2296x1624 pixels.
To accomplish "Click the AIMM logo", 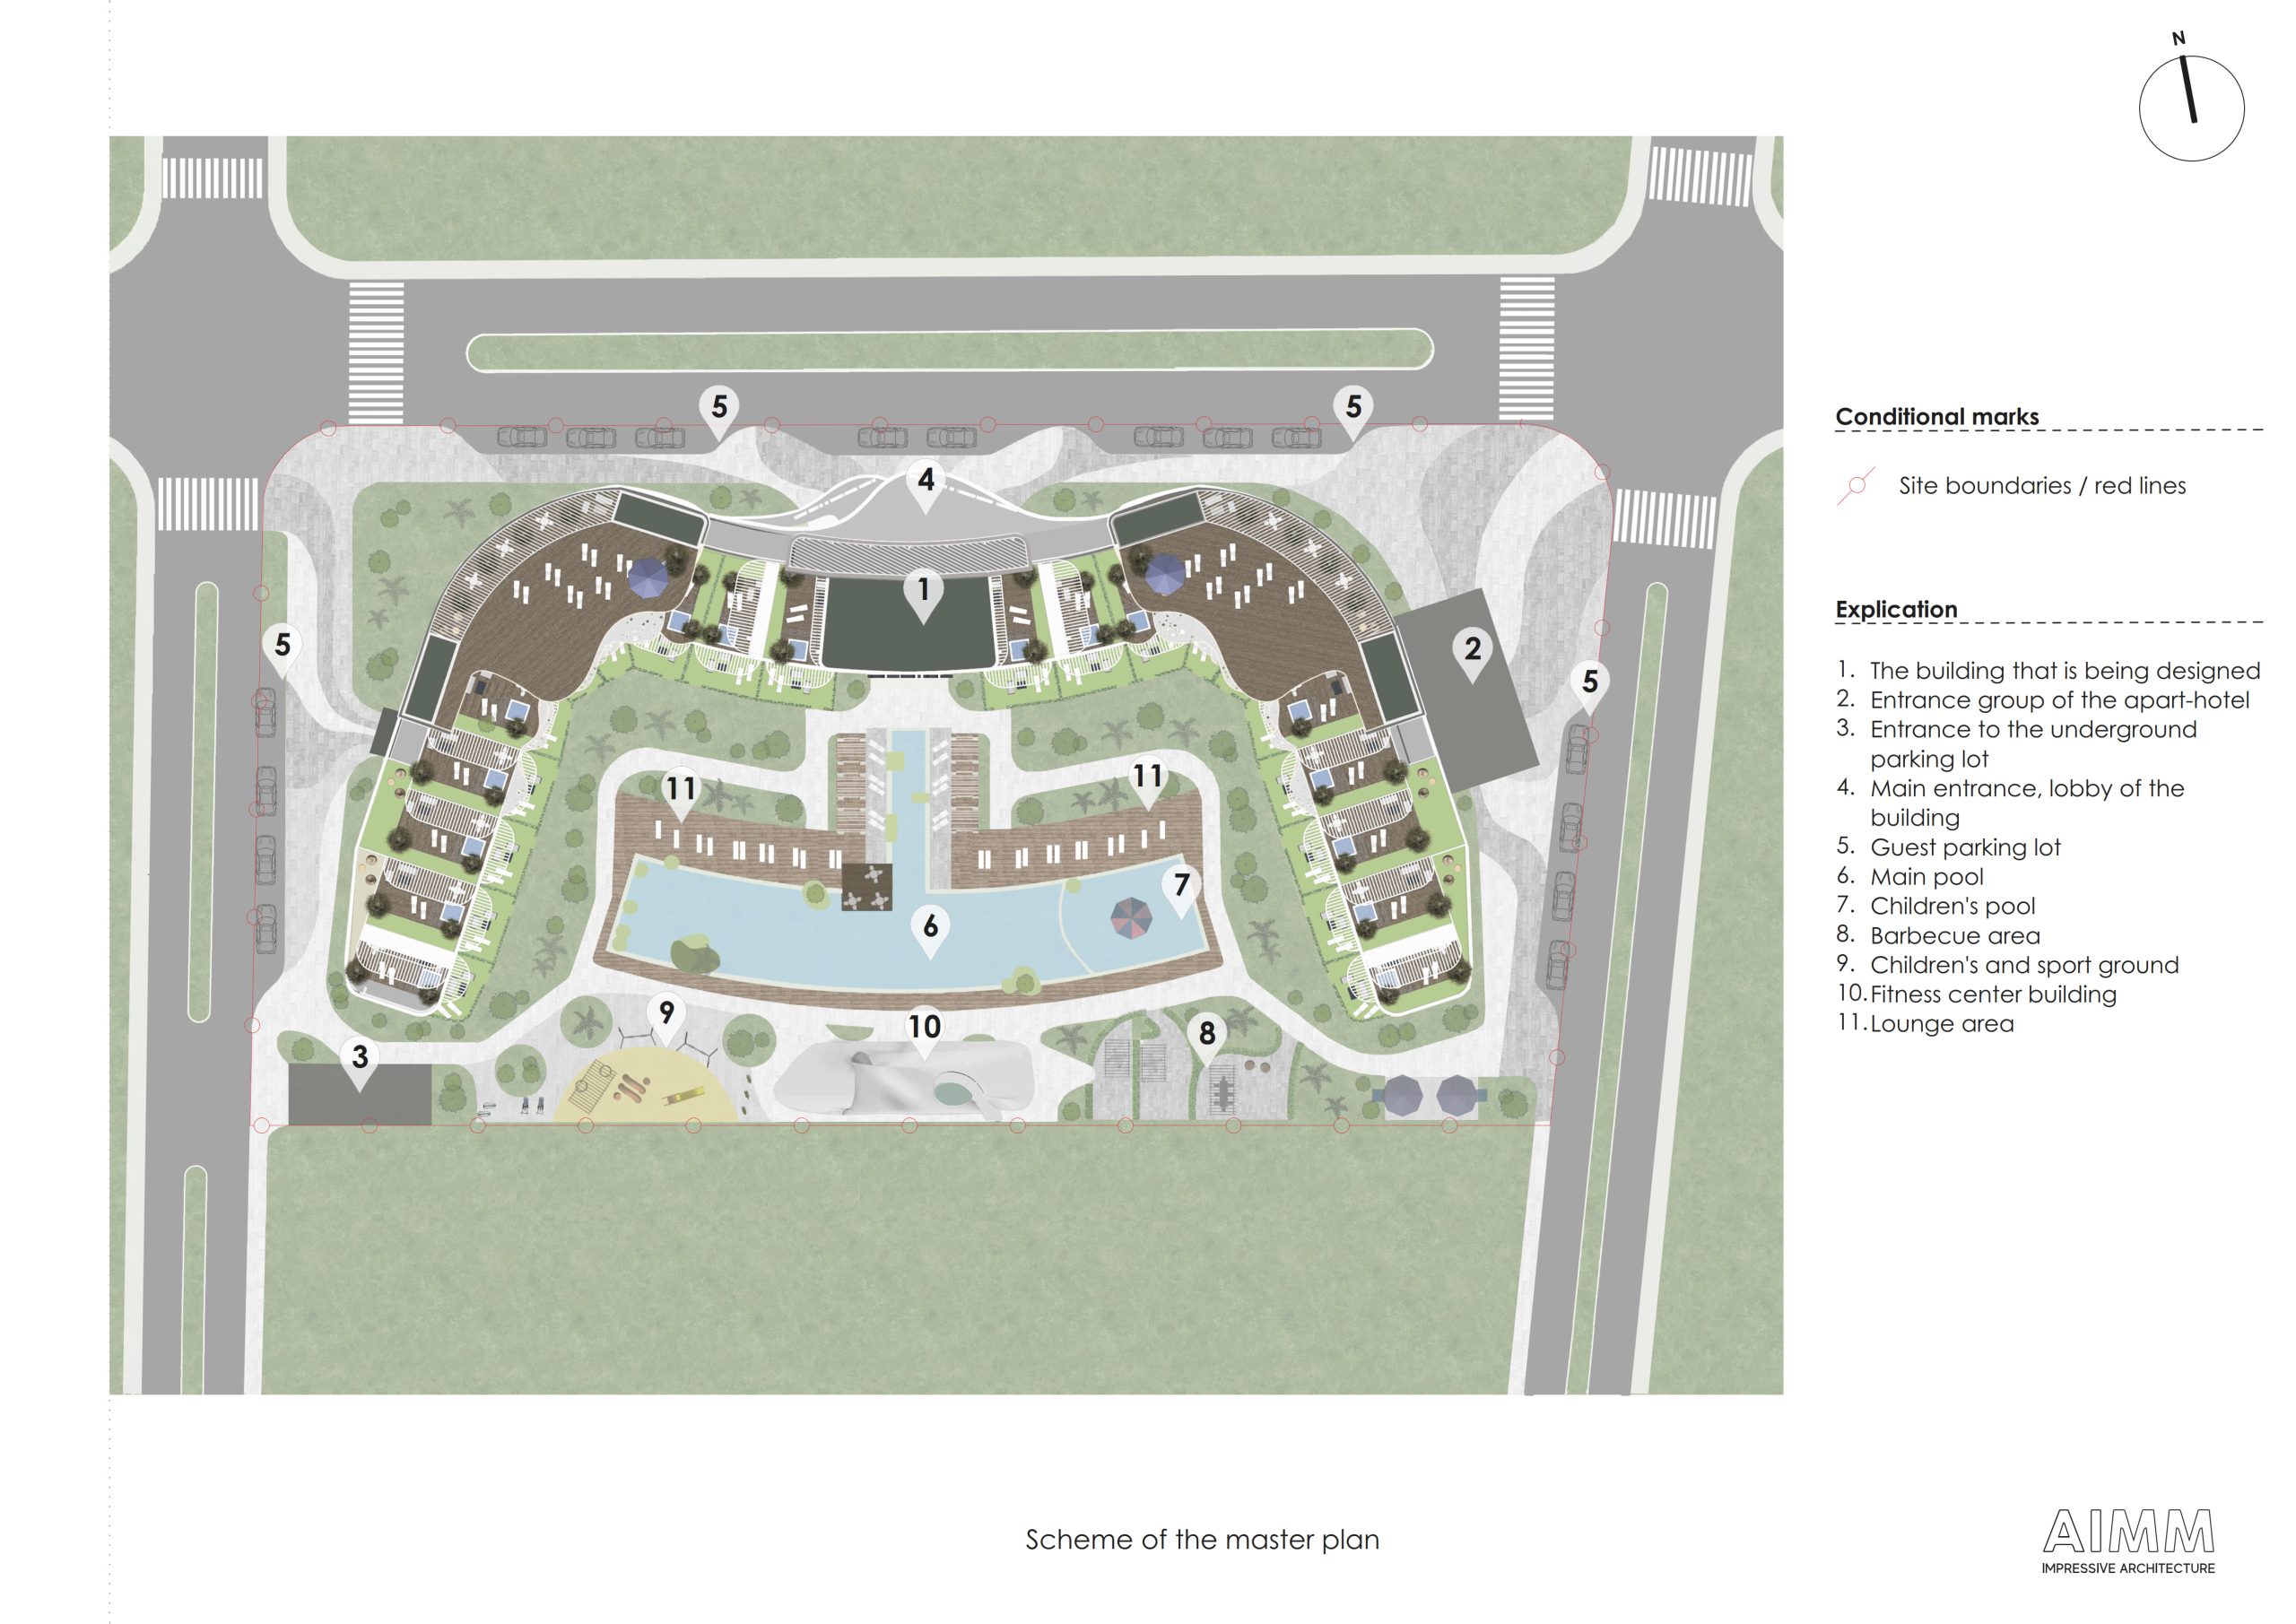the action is click(x=2128, y=1541).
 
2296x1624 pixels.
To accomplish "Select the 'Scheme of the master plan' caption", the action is click(x=1202, y=1539).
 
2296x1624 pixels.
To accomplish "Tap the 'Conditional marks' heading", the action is click(x=1937, y=416).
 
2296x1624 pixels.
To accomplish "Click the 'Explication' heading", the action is click(x=1896, y=609).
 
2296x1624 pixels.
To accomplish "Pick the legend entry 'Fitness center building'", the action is click(x=1993, y=994).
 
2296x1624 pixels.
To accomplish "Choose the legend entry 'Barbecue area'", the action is click(x=1955, y=935).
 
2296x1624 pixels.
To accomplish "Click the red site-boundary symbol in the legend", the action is click(x=1856, y=486).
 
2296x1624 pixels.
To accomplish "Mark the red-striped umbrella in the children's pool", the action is click(x=1132, y=918).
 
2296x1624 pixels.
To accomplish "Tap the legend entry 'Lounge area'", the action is click(x=1942, y=1023).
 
